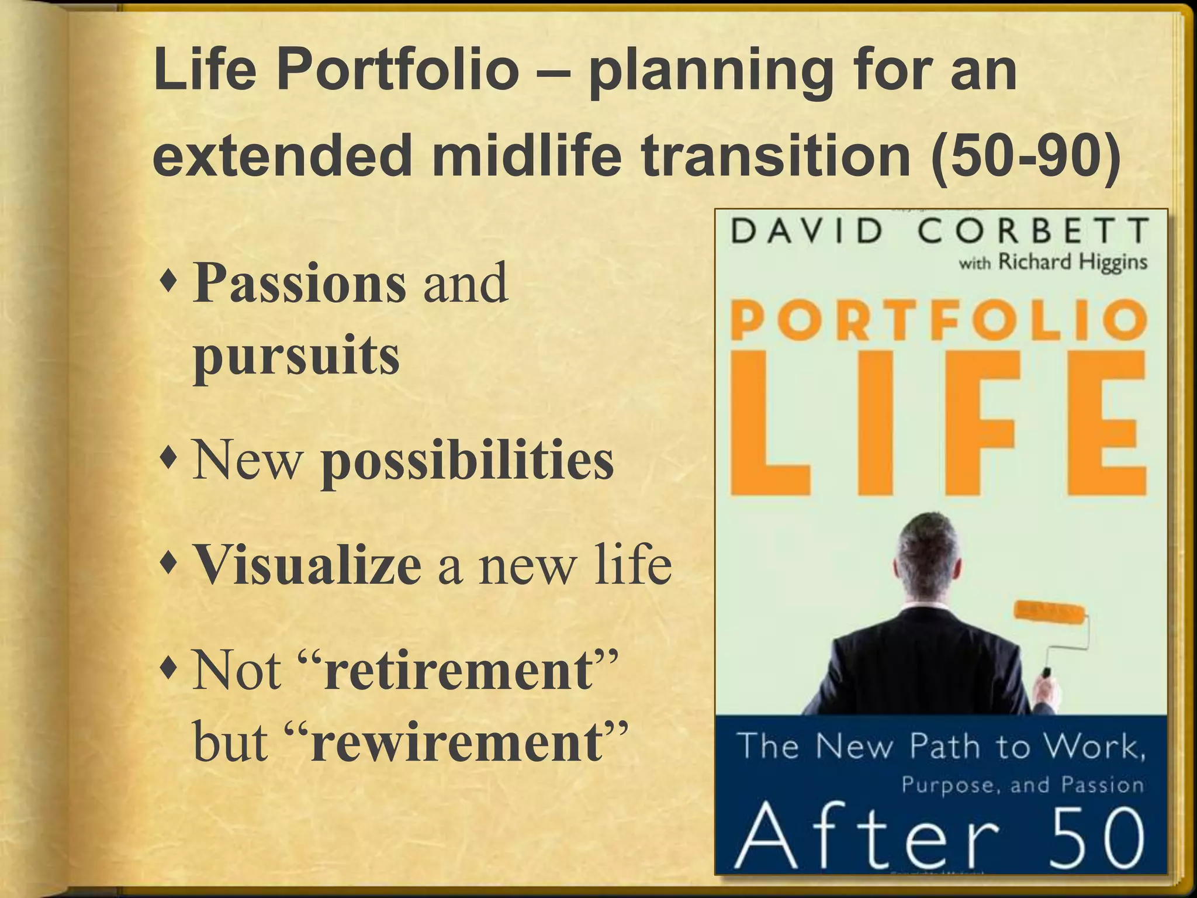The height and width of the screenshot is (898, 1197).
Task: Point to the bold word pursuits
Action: [x=296, y=356]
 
